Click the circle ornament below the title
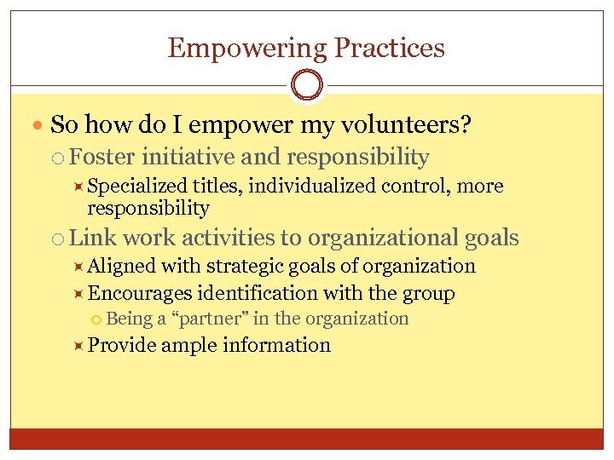click(306, 86)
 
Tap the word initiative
click(188, 157)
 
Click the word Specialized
click(138, 186)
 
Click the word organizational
click(383, 239)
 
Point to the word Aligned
click(122, 266)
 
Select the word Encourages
click(139, 294)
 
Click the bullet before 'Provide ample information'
click(77, 345)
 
